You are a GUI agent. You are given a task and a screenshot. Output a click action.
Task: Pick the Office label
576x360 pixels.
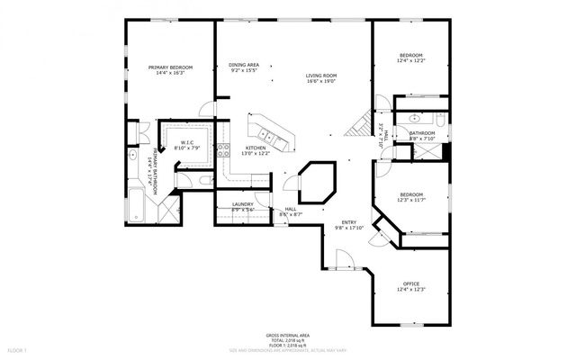[410, 285]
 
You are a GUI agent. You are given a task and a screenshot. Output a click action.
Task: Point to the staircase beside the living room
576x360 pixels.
[360, 123]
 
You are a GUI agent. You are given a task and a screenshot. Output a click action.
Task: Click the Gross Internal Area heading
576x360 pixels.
[288, 333]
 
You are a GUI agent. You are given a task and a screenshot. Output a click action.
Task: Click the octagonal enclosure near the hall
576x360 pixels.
[318, 180]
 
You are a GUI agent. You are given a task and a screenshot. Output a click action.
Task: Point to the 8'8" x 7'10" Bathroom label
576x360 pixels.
[422, 136]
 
